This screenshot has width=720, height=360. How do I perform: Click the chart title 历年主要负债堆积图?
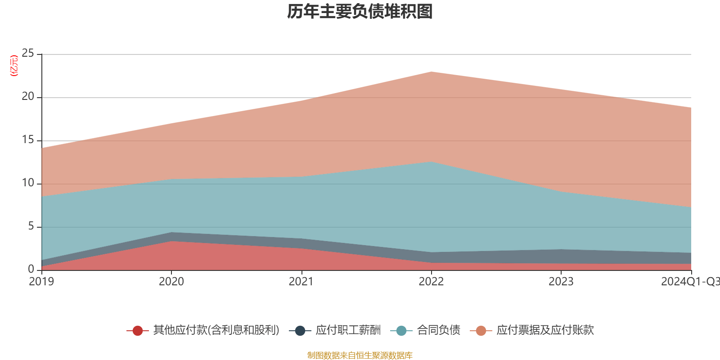360,12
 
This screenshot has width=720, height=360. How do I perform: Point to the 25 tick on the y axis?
28,54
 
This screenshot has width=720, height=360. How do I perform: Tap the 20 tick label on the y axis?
28,97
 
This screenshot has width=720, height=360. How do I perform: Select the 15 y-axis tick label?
28,140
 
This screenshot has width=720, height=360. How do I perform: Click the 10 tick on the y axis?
28,183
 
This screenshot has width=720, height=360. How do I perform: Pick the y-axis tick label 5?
31,226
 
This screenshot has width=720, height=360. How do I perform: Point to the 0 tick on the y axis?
31,269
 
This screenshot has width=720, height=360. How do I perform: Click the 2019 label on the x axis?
41,282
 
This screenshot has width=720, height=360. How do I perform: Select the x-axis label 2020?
171,282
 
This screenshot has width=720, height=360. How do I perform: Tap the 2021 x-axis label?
301,282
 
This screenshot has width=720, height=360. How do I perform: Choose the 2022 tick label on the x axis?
431,282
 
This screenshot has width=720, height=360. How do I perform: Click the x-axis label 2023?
561,282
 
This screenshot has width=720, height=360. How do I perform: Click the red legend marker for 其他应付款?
138,331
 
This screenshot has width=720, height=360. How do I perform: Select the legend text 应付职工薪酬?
348,330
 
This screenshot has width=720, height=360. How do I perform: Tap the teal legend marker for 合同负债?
401,331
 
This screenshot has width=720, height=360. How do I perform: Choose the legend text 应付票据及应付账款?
545,330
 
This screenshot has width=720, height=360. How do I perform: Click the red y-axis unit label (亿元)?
14,66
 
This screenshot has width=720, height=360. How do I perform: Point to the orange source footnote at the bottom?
360,355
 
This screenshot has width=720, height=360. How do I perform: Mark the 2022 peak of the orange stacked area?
431,72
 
